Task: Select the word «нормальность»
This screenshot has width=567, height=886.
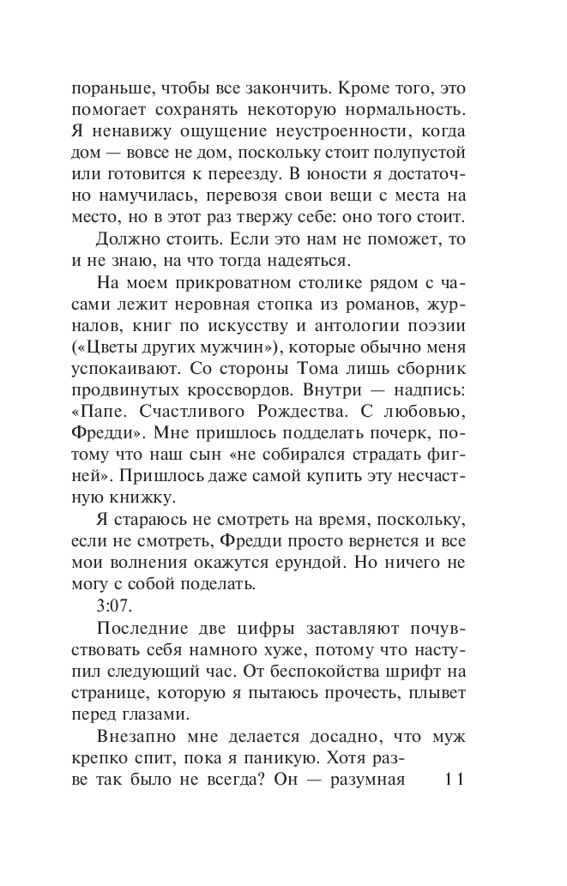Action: point(407,111)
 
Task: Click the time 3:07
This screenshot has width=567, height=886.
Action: point(112,608)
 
